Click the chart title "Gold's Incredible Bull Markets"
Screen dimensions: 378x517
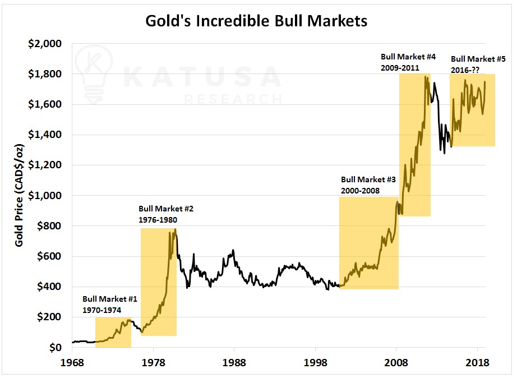coord(256,21)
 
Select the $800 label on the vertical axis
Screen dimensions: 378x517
coord(50,226)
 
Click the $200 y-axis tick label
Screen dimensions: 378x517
coord(50,317)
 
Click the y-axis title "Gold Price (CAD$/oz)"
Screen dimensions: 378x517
coord(19,195)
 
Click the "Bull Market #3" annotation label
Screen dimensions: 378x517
coord(368,180)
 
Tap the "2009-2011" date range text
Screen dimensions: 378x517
coord(400,67)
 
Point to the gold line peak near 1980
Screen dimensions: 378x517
coord(176,229)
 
